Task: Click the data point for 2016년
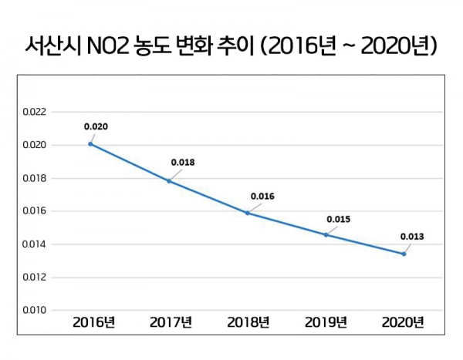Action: (x=90, y=144)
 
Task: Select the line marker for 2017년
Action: (x=169, y=181)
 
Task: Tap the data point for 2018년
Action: (x=247, y=213)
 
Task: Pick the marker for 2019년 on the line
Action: (x=326, y=234)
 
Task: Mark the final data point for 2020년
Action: (x=404, y=254)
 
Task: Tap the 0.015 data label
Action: (x=338, y=219)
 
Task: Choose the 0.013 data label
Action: (x=413, y=237)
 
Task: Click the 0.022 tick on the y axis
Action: (x=35, y=112)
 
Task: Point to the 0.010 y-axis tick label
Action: (x=35, y=310)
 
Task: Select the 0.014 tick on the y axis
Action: (x=35, y=244)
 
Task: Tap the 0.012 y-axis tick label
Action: (x=35, y=277)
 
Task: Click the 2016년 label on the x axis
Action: (x=93, y=322)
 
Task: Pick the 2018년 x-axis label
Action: (x=248, y=322)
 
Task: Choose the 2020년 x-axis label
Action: (x=403, y=322)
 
